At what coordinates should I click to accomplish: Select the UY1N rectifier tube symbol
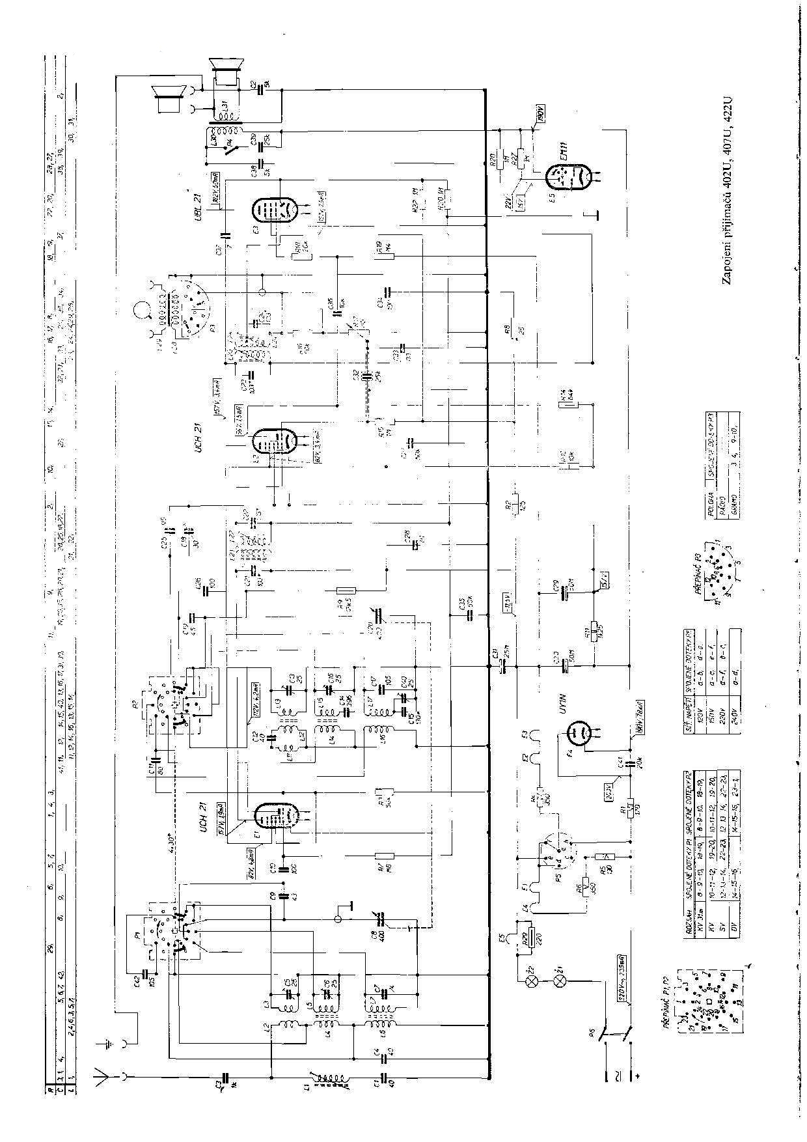click(x=577, y=734)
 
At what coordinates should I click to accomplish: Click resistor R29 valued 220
click(x=532, y=938)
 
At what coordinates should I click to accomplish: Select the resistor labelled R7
click(x=385, y=855)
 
